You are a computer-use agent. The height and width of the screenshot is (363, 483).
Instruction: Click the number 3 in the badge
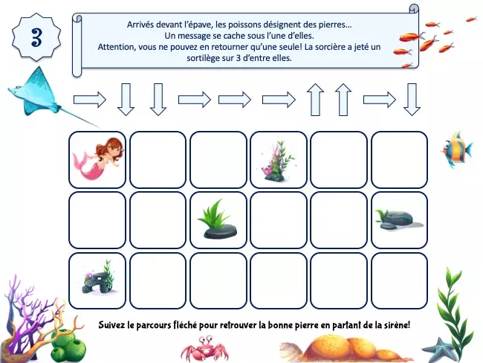pos(36,37)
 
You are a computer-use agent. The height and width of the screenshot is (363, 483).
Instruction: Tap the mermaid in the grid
pos(98,158)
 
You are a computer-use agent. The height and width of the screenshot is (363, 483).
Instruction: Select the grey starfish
pos(438,350)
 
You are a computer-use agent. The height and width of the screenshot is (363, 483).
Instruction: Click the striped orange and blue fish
pos(456,150)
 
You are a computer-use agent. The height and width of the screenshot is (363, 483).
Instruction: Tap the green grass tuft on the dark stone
pos(218,219)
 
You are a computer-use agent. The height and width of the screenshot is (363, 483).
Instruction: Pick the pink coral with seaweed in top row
pos(277,161)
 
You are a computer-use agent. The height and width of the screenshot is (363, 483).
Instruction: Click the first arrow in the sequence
pos(90,100)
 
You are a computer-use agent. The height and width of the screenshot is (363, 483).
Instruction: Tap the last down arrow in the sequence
pos(412,100)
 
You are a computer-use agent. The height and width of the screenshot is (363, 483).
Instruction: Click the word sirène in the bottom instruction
pos(400,325)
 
